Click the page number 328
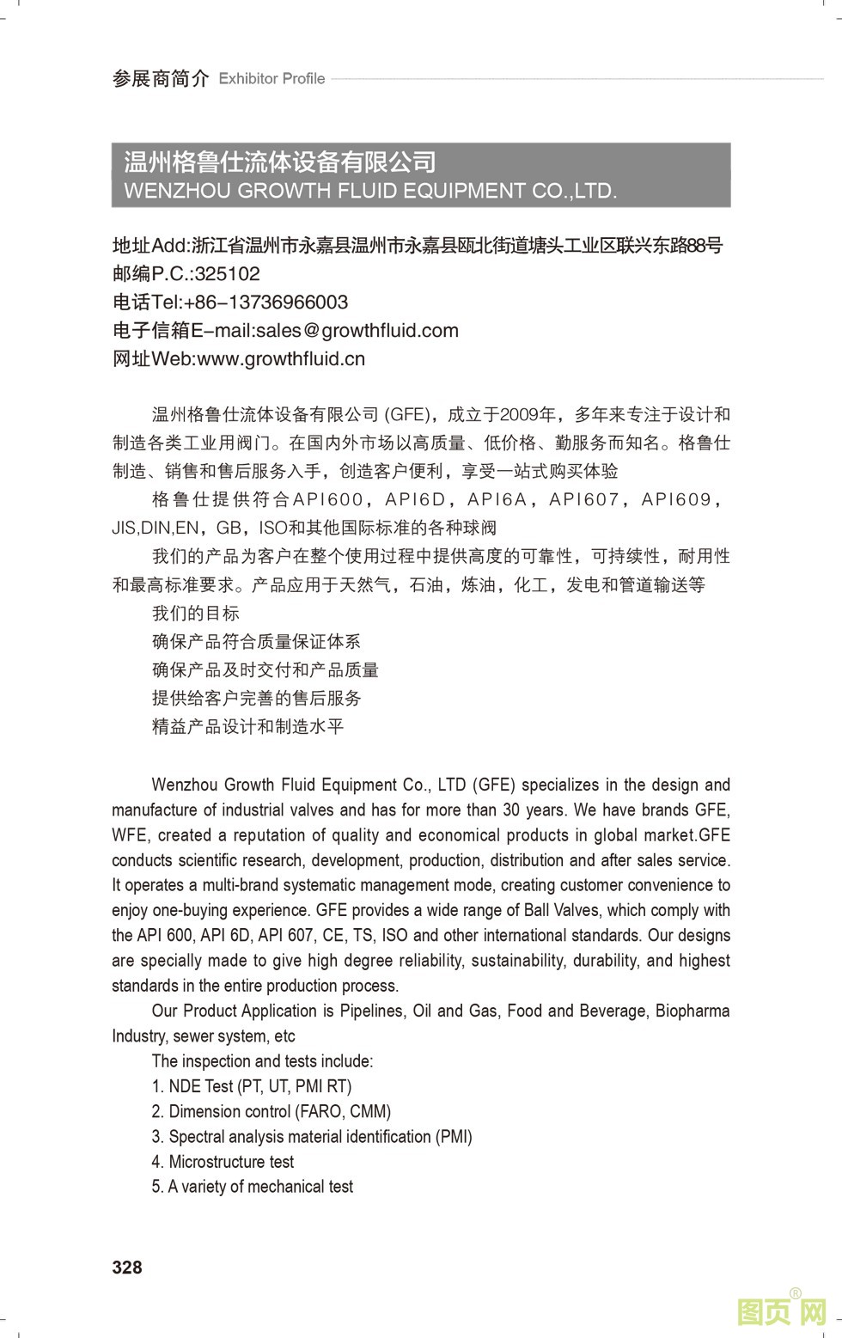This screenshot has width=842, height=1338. coord(127,1268)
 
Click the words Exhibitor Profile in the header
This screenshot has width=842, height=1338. coord(272,79)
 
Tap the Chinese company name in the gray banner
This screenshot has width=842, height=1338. coord(280,162)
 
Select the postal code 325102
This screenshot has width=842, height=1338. coord(227,274)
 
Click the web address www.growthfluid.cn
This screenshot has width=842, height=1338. coord(281,359)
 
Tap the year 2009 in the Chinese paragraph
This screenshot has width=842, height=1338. coord(518,415)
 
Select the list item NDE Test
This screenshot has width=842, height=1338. coord(252,1086)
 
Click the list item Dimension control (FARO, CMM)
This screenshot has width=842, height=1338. coord(272,1111)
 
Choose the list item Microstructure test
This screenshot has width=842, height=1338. coord(223,1162)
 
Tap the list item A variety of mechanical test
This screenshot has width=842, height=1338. coord(253,1187)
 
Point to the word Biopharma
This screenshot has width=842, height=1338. coord(693,1011)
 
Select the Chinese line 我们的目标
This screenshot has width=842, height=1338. coord(196,614)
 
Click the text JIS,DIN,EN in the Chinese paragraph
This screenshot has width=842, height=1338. coord(156,528)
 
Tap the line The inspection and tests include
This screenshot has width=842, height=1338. coord(262,1061)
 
